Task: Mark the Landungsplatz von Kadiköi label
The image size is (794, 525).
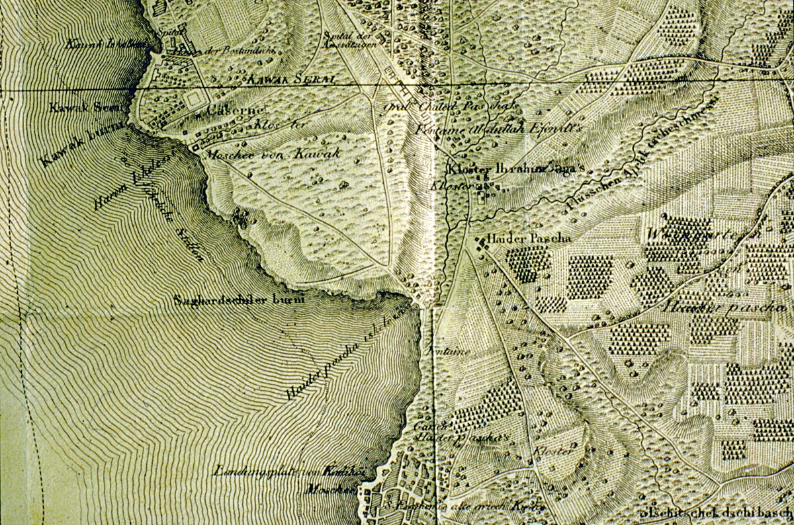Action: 290,471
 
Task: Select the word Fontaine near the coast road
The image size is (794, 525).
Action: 451,352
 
